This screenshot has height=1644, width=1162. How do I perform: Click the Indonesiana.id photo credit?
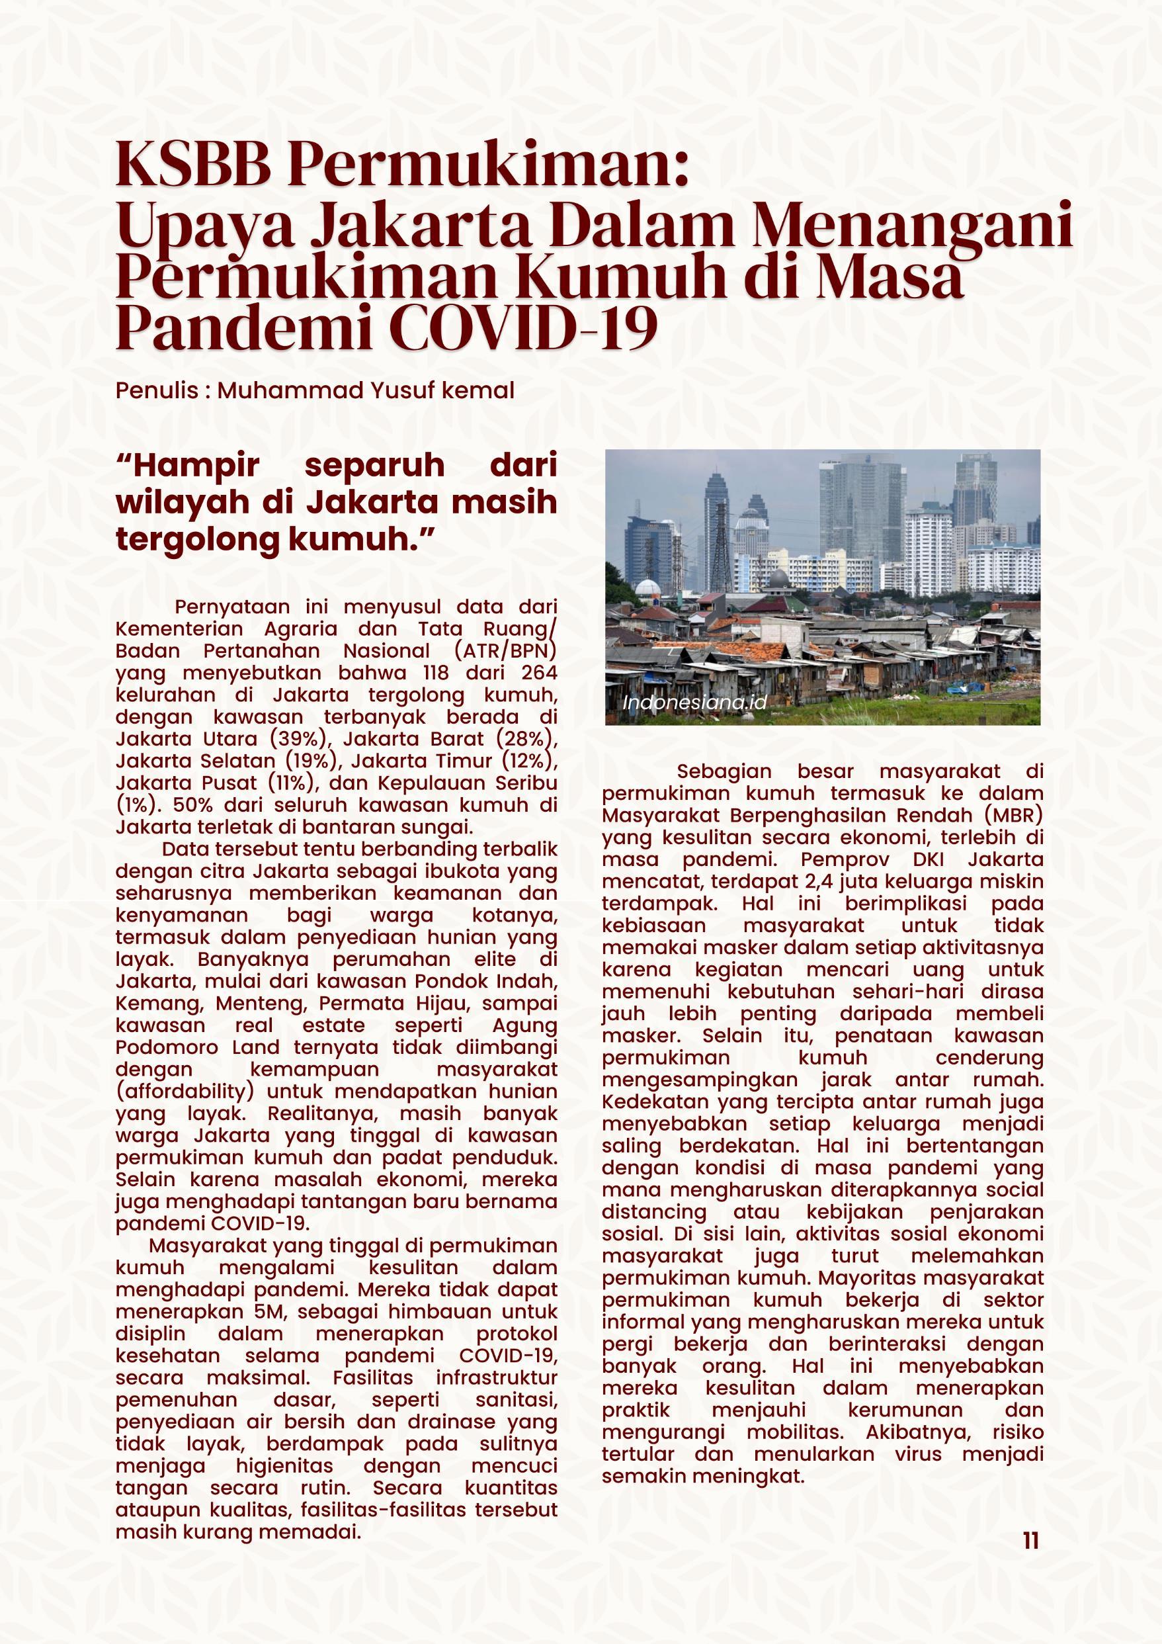click(x=694, y=702)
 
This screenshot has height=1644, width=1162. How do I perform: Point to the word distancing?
click(x=653, y=1212)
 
